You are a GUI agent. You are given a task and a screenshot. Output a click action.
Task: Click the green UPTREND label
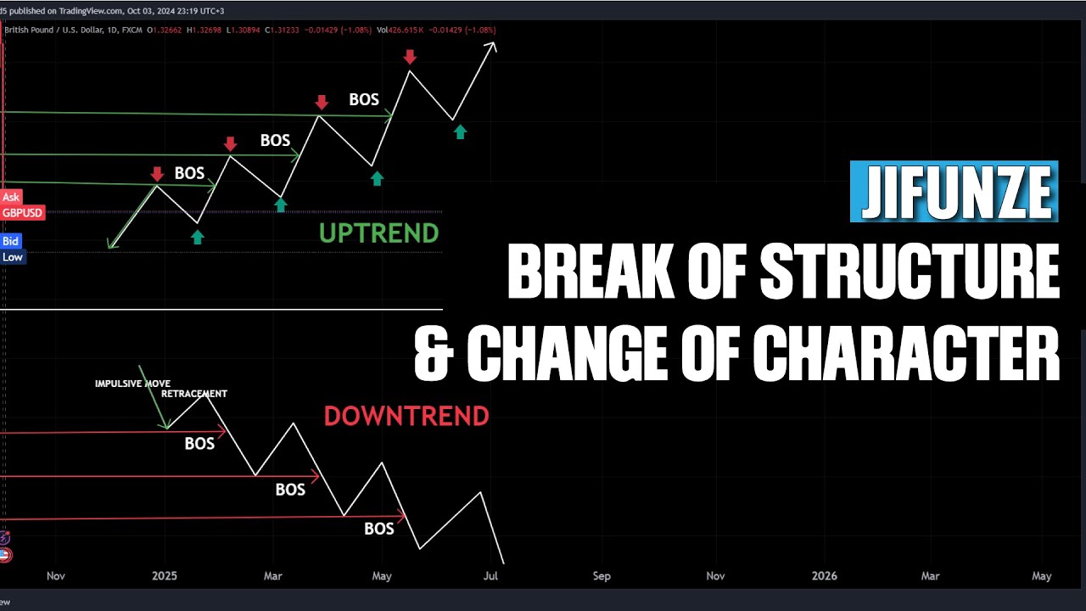pyautogui.click(x=378, y=233)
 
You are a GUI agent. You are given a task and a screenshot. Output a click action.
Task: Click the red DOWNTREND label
pyautogui.click(x=406, y=416)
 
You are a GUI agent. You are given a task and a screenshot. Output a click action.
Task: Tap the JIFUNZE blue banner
pyautogui.click(x=954, y=193)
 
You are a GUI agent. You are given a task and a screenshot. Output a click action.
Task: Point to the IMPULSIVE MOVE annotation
pyautogui.click(x=132, y=384)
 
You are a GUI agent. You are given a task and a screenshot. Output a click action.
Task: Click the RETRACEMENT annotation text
pyautogui.click(x=194, y=394)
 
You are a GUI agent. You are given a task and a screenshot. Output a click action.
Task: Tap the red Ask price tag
pyautogui.click(x=11, y=198)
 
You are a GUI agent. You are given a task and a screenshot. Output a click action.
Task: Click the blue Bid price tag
pyautogui.click(x=10, y=242)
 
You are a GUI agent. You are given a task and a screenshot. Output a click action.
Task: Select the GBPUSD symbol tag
pyautogui.click(x=22, y=213)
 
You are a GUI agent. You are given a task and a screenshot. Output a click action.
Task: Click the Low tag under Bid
pyautogui.click(x=12, y=257)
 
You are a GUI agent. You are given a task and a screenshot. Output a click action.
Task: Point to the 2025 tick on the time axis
pyautogui.click(x=165, y=576)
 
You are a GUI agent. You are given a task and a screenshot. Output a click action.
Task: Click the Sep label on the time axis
pyautogui.click(x=602, y=576)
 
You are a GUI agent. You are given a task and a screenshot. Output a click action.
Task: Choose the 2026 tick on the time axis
pyautogui.click(x=824, y=576)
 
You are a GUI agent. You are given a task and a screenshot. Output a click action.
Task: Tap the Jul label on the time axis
pyautogui.click(x=490, y=576)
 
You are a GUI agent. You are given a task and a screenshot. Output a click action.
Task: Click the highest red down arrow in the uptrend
pyautogui.click(x=410, y=57)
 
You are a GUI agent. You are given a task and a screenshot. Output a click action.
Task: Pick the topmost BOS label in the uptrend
pyautogui.click(x=364, y=100)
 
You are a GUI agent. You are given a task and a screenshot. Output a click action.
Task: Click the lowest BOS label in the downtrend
pyautogui.click(x=379, y=529)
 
